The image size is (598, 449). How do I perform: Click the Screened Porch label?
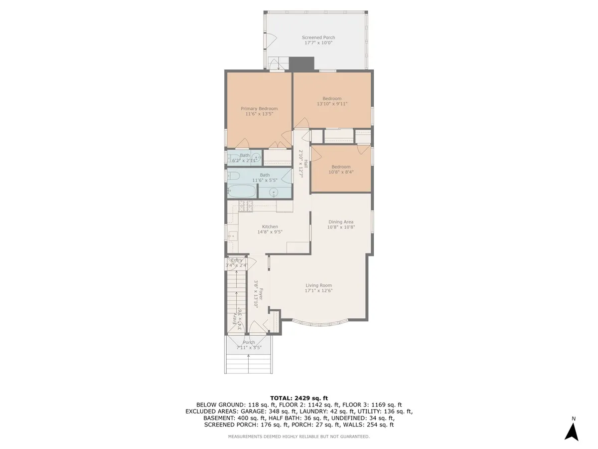[318, 37]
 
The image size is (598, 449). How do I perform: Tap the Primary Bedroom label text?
[259, 109]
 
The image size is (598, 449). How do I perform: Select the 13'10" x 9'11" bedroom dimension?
[332, 104]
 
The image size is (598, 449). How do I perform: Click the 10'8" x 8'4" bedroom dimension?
[341, 173]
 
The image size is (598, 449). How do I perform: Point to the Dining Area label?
[341, 222]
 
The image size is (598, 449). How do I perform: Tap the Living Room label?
[319, 285]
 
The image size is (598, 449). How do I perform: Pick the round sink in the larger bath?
[274, 193]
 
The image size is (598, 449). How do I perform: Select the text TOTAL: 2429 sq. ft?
[299, 398]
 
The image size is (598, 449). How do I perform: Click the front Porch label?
[249, 343]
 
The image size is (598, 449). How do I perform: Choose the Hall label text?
[304, 164]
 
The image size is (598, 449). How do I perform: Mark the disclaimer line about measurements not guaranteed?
[299, 437]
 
